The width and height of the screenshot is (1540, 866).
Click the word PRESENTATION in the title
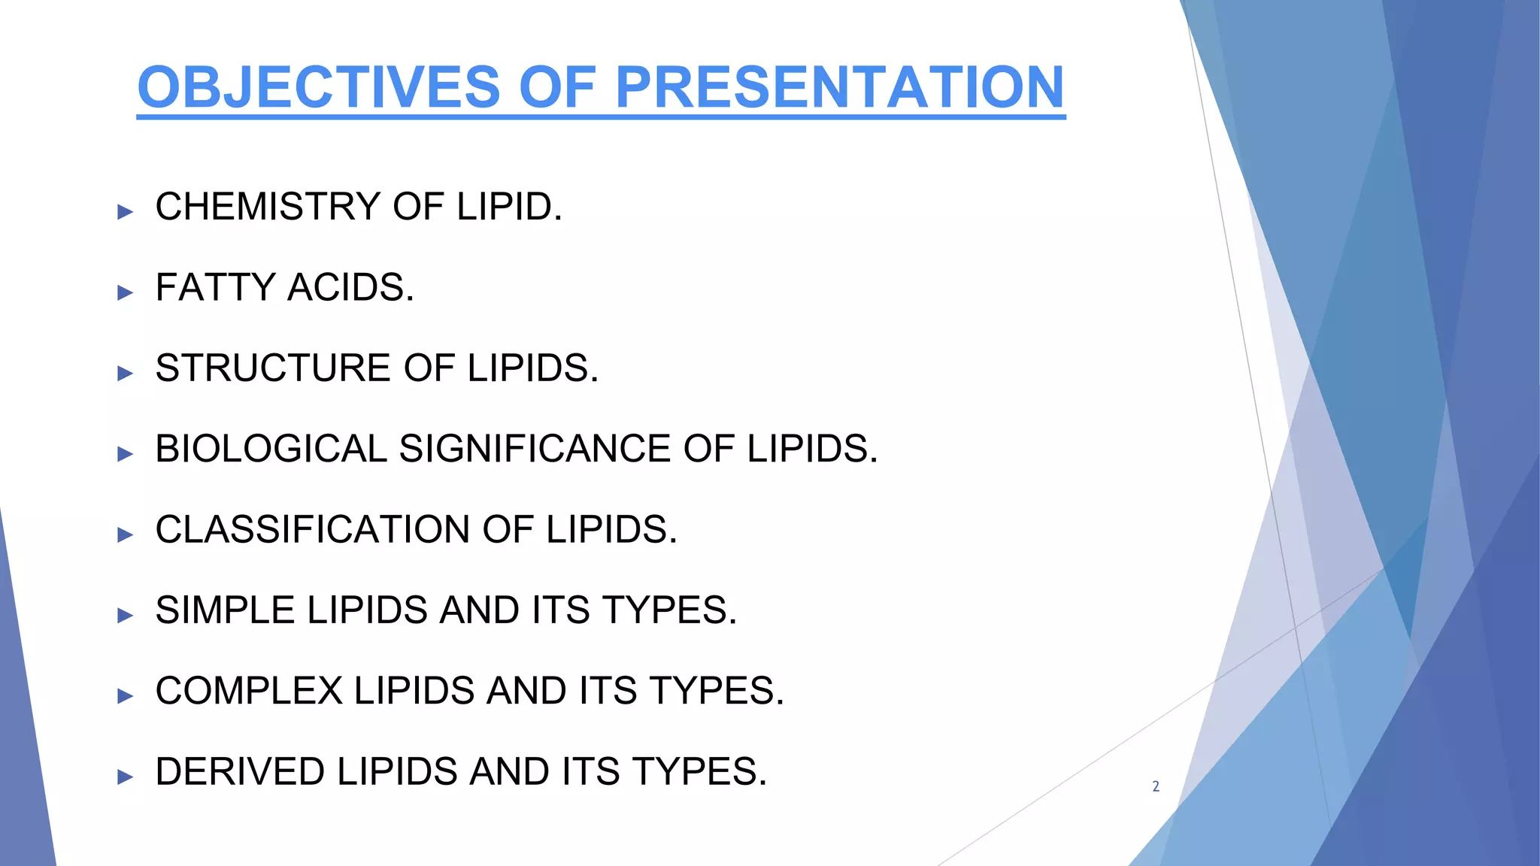[839, 87]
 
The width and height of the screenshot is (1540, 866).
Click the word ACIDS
[351, 287]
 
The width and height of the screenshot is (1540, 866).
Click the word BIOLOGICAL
[271, 449]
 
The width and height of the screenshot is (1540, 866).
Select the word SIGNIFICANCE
[535, 449]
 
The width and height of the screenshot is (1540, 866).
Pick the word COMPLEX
[249, 691]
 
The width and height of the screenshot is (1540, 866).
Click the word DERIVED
[240, 771]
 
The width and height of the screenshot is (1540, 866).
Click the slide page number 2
[1156, 786]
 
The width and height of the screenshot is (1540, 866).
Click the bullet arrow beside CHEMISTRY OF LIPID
[125, 212]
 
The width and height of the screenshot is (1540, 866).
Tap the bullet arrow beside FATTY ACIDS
[125, 292]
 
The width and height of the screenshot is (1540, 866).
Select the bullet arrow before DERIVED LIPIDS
[125, 777]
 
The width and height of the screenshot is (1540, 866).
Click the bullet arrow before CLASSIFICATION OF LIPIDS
[125, 534]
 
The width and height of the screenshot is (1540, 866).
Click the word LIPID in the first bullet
[509, 207]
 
